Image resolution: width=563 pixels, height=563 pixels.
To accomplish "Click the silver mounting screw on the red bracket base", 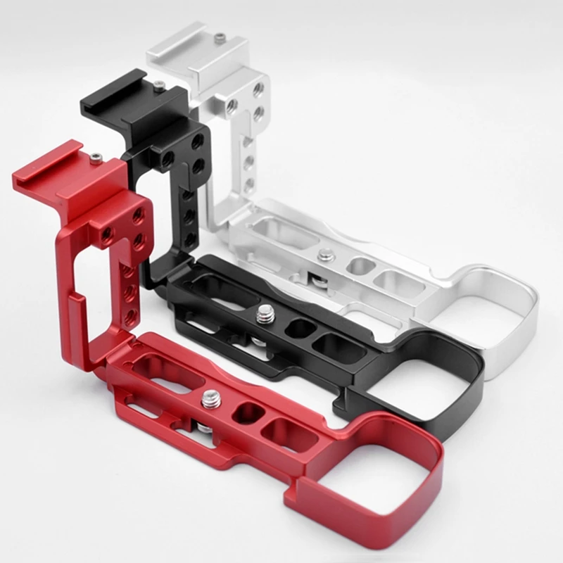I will coord(210,400).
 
